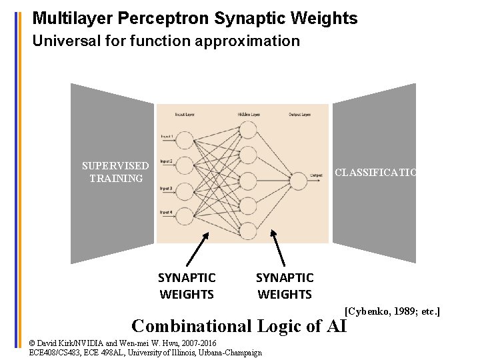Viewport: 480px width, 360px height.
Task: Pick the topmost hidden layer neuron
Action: tap(247, 130)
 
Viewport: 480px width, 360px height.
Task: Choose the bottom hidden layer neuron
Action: tap(247, 231)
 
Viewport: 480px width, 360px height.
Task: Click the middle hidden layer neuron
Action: tap(247, 180)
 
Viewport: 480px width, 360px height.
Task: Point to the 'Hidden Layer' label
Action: tap(248, 115)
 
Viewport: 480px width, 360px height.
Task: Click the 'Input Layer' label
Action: tap(185, 115)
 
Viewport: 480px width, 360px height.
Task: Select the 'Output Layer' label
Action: tap(299, 115)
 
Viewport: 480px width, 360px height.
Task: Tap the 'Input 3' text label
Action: tap(166, 189)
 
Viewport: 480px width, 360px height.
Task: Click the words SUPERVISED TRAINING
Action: tap(115, 172)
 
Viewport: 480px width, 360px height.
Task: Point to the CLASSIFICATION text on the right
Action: tap(375, 173)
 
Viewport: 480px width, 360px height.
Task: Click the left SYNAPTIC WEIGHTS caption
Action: tap(187, 286)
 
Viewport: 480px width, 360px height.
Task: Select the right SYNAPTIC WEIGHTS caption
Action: tap(285, 286)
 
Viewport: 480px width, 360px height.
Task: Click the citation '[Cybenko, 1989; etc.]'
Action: tap(392, 311)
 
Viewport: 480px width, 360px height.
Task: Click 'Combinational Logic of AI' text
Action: tap(239, 326)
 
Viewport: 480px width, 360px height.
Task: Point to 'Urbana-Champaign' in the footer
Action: tap(229, 353)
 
